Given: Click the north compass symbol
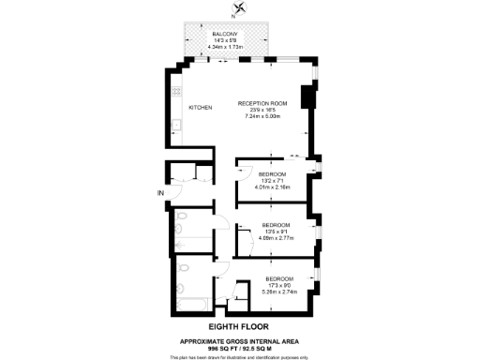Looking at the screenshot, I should (x=241, y=10).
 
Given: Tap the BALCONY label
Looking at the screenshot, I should (x=224, y=35).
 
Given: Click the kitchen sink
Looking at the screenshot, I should (x=175, y=125).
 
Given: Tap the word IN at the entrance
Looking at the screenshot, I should (x=160, y=194).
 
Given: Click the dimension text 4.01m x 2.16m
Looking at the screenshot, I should (x=274, y=188).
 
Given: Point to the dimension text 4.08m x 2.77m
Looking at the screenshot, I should (x=276, y=238).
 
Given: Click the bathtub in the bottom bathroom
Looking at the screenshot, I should (x=192, y=303).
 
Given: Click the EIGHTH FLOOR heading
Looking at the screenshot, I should (x=239, y=325).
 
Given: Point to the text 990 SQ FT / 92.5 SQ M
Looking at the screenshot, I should (x=239, y=347).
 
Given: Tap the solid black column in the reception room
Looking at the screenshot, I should (x=305, y=99).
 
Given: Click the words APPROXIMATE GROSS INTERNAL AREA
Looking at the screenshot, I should (x=239, y=340).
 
